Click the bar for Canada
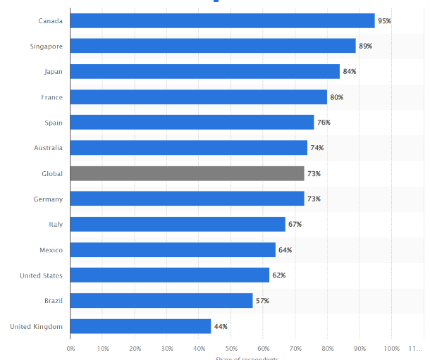(222, 21)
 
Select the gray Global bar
(187, 173)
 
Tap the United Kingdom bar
(140, 326)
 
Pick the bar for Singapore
(213, 46)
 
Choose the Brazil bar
(161, 301)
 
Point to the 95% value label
(384, 21)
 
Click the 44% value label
(221, 326)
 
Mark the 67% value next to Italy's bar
(295, 225)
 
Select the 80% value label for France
(336, 97)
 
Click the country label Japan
(54, 72)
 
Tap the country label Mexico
(51, 250)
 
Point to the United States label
(42, 275)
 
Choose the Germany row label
(49, 199)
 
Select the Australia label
(48, 148)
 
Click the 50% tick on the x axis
(231, 348)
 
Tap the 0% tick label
(70, 348)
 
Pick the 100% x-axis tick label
(391, 348)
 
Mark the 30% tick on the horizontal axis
(167, 348)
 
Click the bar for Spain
(192, 123)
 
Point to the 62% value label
(278, 275)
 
